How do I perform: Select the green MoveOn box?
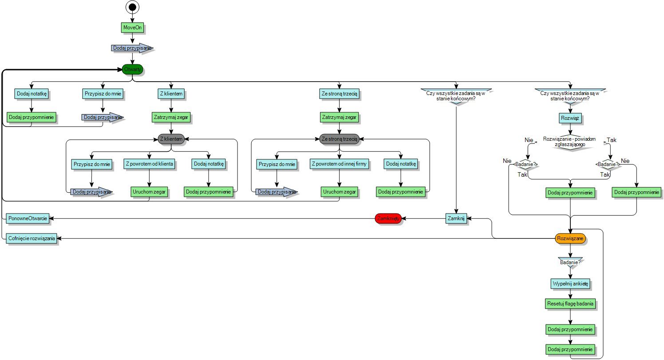pyautogui.click(x=133, y=28)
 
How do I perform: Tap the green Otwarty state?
pyautogui.click(x=133, y=69)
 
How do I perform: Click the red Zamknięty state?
pyautogui.click(x=388, y=218)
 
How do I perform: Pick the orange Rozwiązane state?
pyautogui.click(x=570, y=238)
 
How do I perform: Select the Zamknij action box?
pyautogui.click(x=456, y=218)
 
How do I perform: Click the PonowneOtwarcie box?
pyautogui.click(x=28, y=218)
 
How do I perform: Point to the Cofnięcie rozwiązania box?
pyautogui.click(x=31, y=238)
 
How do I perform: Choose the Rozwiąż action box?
pyautogui.click(x=570, y=118)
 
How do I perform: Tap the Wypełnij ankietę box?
pyautogui.click(x=570, y=283)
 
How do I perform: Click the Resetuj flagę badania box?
pyautogui.click(x=570, y=304)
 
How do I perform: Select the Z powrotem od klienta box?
pyautogui.click(x=149, y=164)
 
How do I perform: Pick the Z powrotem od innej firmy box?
pyautogui.click(x=339, y=164)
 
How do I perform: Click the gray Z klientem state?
pyautogui.click(x=171, y=139)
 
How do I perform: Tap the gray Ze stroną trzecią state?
pyautogui.click(x=339, y=139)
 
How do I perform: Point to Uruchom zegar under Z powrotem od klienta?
pyautogui.click(x=149, y=192)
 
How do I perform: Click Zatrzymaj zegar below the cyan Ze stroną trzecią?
pyautogui.click(x=339, y=118)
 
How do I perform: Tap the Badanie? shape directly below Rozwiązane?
pyautogui.click(x=570, y=262)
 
